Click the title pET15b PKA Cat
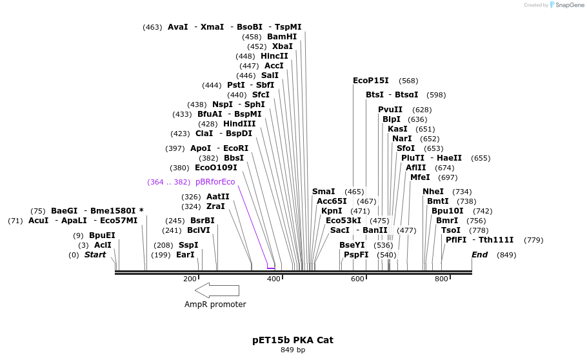pyautogui.click(x=293, y=339)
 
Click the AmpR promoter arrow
pyautogui.click(x=216, y=290)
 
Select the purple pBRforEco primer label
pyautogui.click(x=215, y=182)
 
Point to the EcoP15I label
pyautogui.click(x=371, y=81)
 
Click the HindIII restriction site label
pyautogui.click(x=239, y=124)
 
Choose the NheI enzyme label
pyautogui.click(x=433, y=192)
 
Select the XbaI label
pyautogui.click(x=283, y=46)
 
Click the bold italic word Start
pyautogui.click(x=95, y=255)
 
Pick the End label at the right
pyautogui.click(x=479, y=255)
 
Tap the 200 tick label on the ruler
pyautogui.click(x=190, y=279)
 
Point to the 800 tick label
pyautogui.click(x=441, y=279)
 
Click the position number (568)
pyautogui.click(x=408, y=81)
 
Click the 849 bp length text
pyautogui.click(x=293, y=350)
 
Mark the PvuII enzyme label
pyautogui.click(x=390, y=110)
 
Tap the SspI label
pyautogui.click(x=188, y=245)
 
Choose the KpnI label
pyautogui.click(x=332, y=211)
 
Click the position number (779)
pyautogui.click(x=533, y=240)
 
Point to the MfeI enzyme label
pyautogui.click(x=420, y=177)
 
